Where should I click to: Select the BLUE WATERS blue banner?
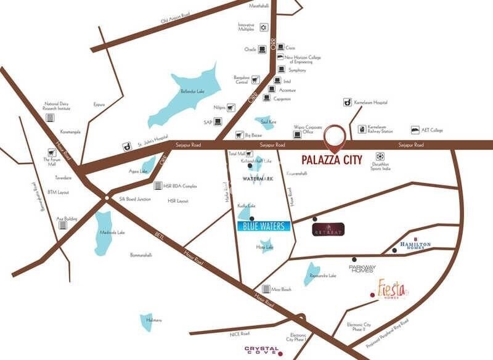tap(263, 226)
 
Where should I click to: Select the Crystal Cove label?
tap(262, 350)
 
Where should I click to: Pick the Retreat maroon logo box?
tap(328, 229)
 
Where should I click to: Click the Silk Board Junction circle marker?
tap(107, 198)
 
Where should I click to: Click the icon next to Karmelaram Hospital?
tap(348, 102)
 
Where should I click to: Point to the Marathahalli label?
tap(259, 6)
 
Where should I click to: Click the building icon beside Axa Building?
tap(62, 225)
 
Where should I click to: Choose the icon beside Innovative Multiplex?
tap(264, 27)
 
